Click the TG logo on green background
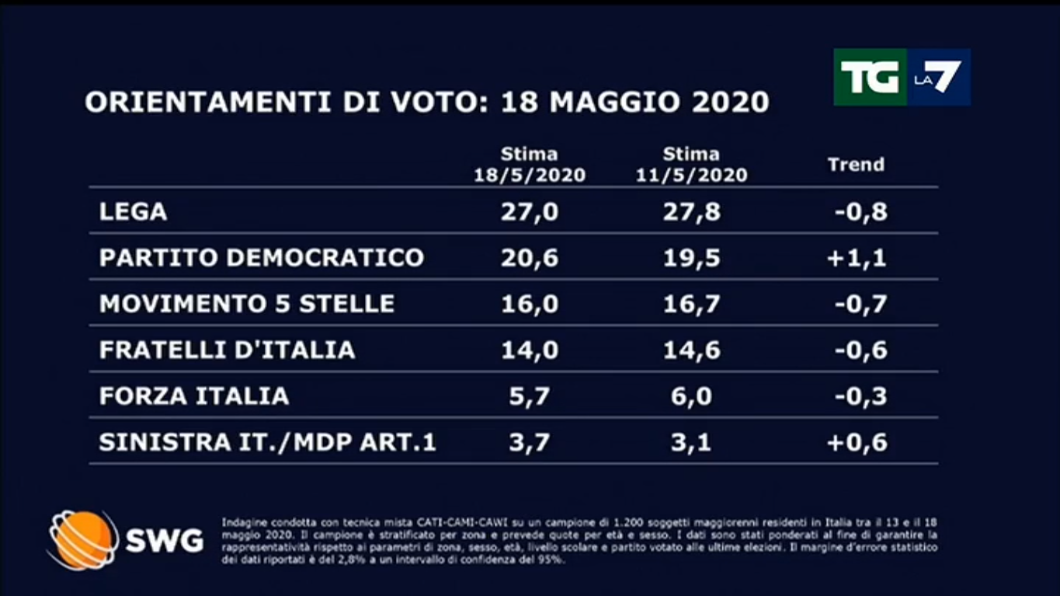[870, 77]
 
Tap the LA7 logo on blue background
[938, 77]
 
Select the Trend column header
[856, 165]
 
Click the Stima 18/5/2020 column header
[530, 165]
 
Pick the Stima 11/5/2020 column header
[691, 165]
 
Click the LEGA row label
[134, 211]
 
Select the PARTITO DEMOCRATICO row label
[262, 257]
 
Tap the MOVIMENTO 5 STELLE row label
[247, 303]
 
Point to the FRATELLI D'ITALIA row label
[228, 350]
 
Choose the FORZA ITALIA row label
[194, 396]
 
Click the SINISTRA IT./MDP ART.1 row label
[268, 442]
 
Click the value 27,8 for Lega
[691, 211]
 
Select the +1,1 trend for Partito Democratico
[857, 257]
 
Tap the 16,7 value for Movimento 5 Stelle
[691, 303]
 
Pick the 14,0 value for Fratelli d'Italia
[530, 350]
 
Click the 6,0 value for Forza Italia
[691, 396]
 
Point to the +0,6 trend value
[857, 442]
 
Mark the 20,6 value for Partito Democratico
[530, 257]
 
